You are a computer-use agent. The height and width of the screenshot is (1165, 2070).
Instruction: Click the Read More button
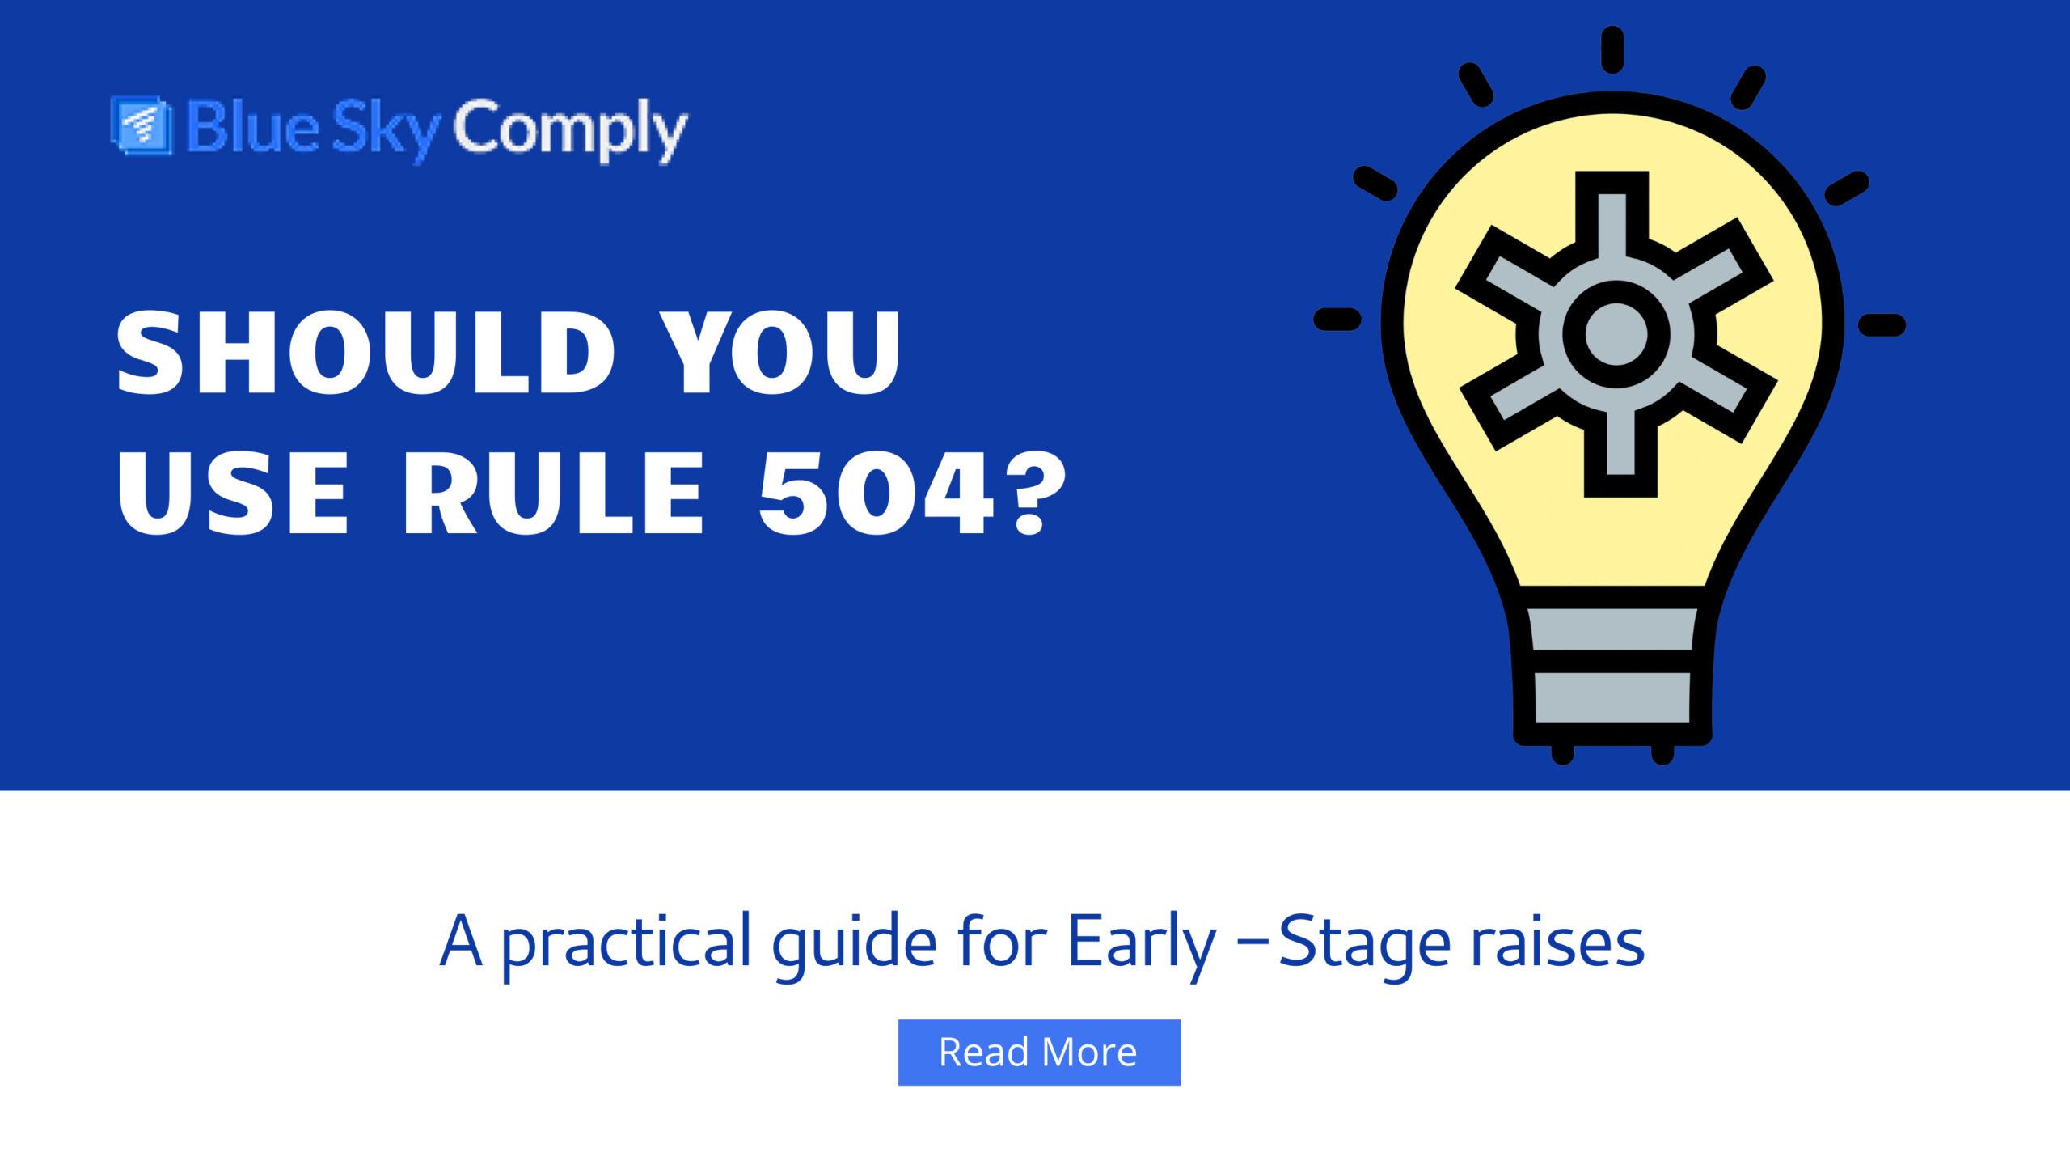(x=1039, y=1052)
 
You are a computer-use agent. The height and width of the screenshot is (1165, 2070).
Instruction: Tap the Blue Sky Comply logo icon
(x=142, y=125)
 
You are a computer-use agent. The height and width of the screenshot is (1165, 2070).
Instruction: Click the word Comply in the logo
(x=570, y=129)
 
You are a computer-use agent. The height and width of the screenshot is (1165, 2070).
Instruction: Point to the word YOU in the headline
(x=779, y=354)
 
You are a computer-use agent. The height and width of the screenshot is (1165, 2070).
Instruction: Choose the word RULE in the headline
(x=553, y=493)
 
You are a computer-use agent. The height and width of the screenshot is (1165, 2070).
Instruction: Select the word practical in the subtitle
(x=626, y=943)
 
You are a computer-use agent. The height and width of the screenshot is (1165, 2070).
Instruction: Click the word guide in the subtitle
(x=854, y=943)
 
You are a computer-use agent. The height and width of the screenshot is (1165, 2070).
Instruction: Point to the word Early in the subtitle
(x=1141, y=943)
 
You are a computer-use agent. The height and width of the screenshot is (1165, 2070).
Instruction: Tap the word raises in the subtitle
(x=1557, y=943)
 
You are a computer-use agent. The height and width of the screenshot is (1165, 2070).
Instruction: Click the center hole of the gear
(x=1616, y=334)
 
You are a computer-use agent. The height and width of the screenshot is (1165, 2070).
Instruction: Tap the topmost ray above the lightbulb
(x=1612, y=49)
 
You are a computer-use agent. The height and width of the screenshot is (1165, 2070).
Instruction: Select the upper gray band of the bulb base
(x=1612, y=629)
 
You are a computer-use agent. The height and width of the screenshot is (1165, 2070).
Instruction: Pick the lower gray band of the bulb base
(x=1612, y=697)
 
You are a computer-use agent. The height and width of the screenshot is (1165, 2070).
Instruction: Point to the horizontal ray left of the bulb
(x=1337, y=319)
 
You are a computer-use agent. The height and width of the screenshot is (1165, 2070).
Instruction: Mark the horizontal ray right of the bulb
(x=1882, y=324)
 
